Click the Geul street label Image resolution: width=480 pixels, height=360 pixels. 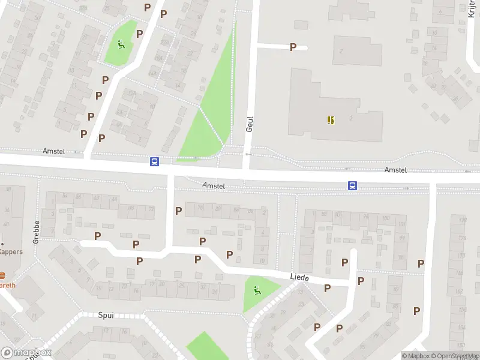click(x=250, y=124)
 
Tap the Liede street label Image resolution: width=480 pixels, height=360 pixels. click(x=299, y=277)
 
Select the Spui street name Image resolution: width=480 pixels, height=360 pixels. click(x=106, y=315)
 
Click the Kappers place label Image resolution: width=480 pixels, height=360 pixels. click(x=11, y=251)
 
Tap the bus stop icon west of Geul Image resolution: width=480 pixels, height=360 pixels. click(x=154, y=161)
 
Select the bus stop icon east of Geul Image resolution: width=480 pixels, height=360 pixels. click(x=352, y=185)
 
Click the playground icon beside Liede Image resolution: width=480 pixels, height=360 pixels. click(x=257, y=291)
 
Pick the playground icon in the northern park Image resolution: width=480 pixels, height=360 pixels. click(x=122, y=44)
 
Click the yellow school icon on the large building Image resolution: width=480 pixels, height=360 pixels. click(x=331, y=120)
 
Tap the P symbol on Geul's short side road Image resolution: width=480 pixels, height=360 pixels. click(x=293, y=47)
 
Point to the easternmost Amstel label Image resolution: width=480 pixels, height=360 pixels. click(x=395, y=170)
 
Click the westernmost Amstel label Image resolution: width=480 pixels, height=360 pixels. click(x=53, y=152)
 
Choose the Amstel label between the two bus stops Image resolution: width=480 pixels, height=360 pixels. click(x=214, y=186)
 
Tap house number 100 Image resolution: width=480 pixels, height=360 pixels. click(x=385, y=218)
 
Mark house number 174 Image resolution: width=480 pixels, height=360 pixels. click(x=461, y=238)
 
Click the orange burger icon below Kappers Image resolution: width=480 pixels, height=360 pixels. click(x=2, y=275)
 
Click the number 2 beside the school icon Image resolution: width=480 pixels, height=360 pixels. click(x=350, y=119)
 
